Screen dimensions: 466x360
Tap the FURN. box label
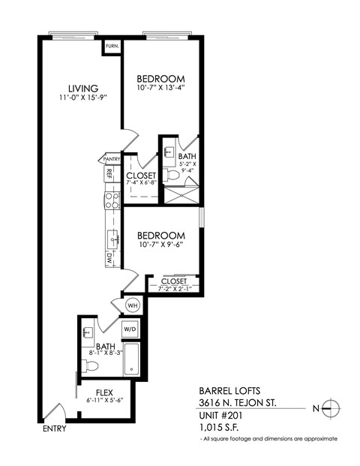(x=112, y=46)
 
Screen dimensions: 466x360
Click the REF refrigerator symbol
(x=110, y=174)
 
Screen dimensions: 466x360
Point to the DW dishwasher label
(x=109, y=257)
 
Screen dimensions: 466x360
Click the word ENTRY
(x=55, y=429)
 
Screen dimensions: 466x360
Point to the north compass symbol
(x=331, y=408)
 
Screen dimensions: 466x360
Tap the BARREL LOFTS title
(x=230, y=390)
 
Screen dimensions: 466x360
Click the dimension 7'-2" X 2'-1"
(x=173, y=290)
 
